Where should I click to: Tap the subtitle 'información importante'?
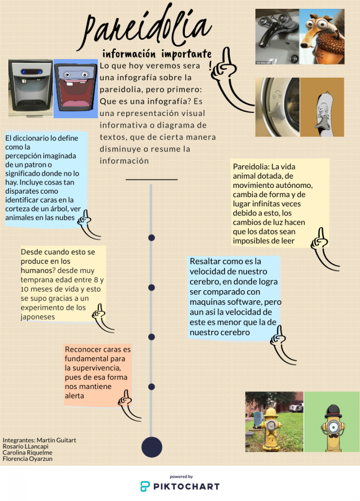click(x=157, y=53)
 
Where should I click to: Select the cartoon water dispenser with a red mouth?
click(x=75, y=88)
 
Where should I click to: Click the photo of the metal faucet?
click(x=277, y=37)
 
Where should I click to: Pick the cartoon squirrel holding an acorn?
click(x=322, y=37)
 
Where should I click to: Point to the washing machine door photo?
click(x=277, y=107)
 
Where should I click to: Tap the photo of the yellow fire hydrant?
click(x=274, y=421)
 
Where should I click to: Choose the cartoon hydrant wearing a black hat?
click(x=333, y=421)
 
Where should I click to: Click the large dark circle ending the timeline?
click(x=152, y=447)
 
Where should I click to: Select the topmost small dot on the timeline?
click(x=152, y=238)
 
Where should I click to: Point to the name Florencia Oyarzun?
click(x=27, y=459)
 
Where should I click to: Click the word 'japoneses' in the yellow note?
click(x=38, y=317)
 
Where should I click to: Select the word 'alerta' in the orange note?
click(x=74, y=396)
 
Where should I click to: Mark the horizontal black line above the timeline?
click(x=151, y=180)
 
